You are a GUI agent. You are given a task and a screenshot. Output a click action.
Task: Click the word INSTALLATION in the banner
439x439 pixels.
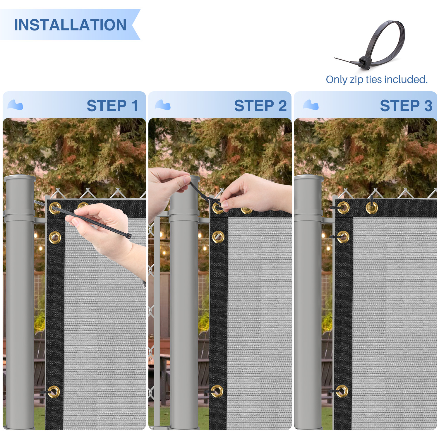70,25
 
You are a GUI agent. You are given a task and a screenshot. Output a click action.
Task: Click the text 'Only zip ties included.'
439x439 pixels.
377,79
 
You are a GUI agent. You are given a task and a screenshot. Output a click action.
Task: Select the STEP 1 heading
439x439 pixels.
112,106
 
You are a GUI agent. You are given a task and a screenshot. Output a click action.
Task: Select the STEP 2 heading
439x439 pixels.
260,106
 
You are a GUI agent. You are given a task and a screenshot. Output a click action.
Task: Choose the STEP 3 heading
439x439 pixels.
406,106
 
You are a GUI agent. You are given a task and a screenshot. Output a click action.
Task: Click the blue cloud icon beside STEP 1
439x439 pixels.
15,105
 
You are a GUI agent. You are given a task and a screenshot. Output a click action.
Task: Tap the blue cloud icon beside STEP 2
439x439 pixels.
163,105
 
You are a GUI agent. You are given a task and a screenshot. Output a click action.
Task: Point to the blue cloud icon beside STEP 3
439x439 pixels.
311,105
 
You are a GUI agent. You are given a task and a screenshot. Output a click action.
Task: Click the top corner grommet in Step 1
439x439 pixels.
55,208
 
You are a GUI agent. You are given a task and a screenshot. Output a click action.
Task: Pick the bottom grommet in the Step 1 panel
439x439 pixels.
54,392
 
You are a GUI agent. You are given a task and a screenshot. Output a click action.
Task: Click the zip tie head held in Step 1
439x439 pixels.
128,236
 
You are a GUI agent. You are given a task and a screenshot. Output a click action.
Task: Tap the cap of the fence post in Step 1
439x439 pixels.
20,178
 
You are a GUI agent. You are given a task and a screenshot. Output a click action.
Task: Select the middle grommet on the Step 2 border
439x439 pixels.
218,237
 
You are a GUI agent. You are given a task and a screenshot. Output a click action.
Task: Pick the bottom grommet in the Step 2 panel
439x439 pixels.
217,391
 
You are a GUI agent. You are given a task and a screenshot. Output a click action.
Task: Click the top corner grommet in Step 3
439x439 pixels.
343,208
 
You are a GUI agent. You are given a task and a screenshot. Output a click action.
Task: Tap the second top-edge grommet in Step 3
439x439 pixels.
372,208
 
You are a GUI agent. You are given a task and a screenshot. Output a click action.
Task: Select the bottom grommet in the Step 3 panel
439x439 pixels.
342,391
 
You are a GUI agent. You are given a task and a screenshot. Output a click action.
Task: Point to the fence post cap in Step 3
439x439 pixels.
309,178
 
